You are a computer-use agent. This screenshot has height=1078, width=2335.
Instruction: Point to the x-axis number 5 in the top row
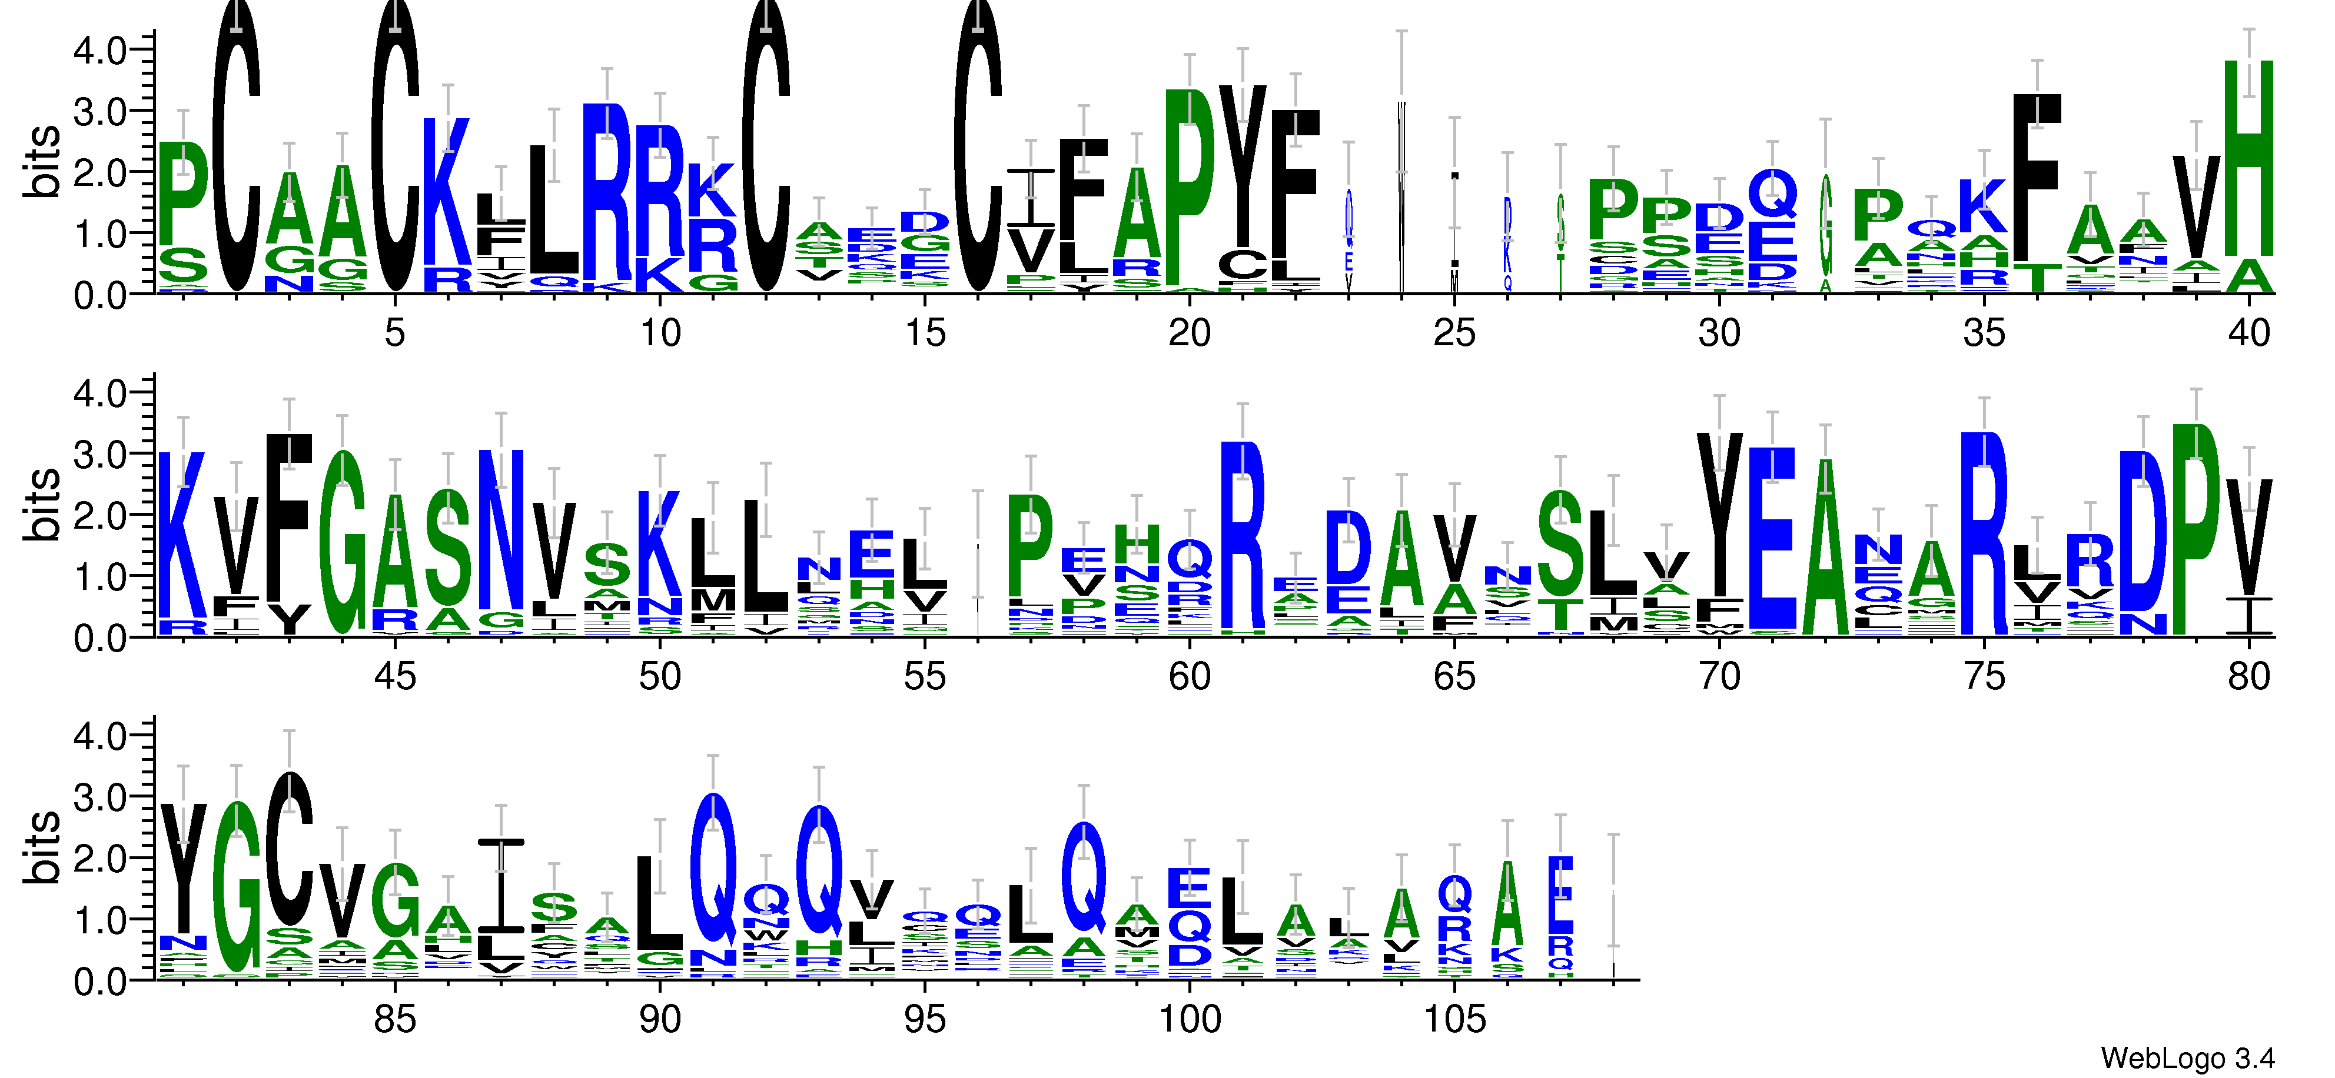pyautogui.click(x=394, y=333)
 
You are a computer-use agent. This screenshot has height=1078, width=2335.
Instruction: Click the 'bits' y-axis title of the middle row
pyautogui.click(x=42, y=505)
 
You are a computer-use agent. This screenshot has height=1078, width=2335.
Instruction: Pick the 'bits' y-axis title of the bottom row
pyautogui.click(x=42, y=847)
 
